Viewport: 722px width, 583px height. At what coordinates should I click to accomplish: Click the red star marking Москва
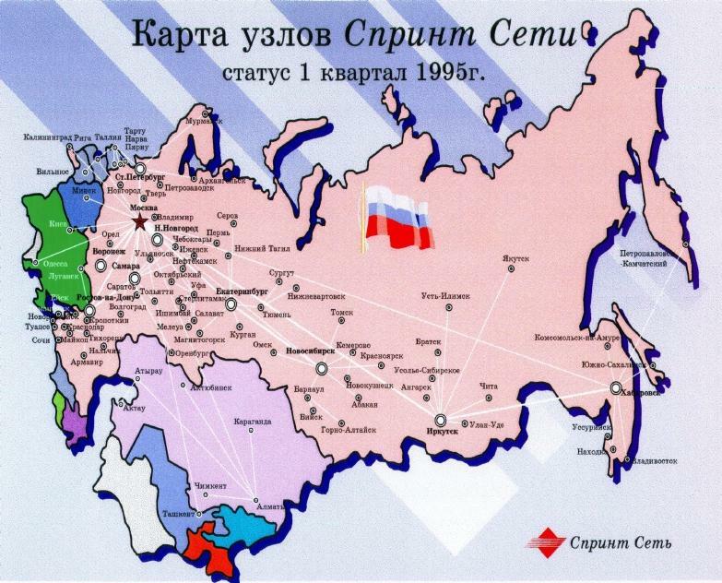coord(139,221)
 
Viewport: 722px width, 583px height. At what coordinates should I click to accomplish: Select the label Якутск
coord(516,258)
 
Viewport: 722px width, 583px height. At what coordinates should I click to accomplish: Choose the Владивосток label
coord(654,458)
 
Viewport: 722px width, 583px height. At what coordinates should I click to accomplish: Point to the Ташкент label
coord(179,512)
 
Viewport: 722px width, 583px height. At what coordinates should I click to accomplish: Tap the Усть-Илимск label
coord(445,296)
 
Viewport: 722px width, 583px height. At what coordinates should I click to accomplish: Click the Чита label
coord(489,386)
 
